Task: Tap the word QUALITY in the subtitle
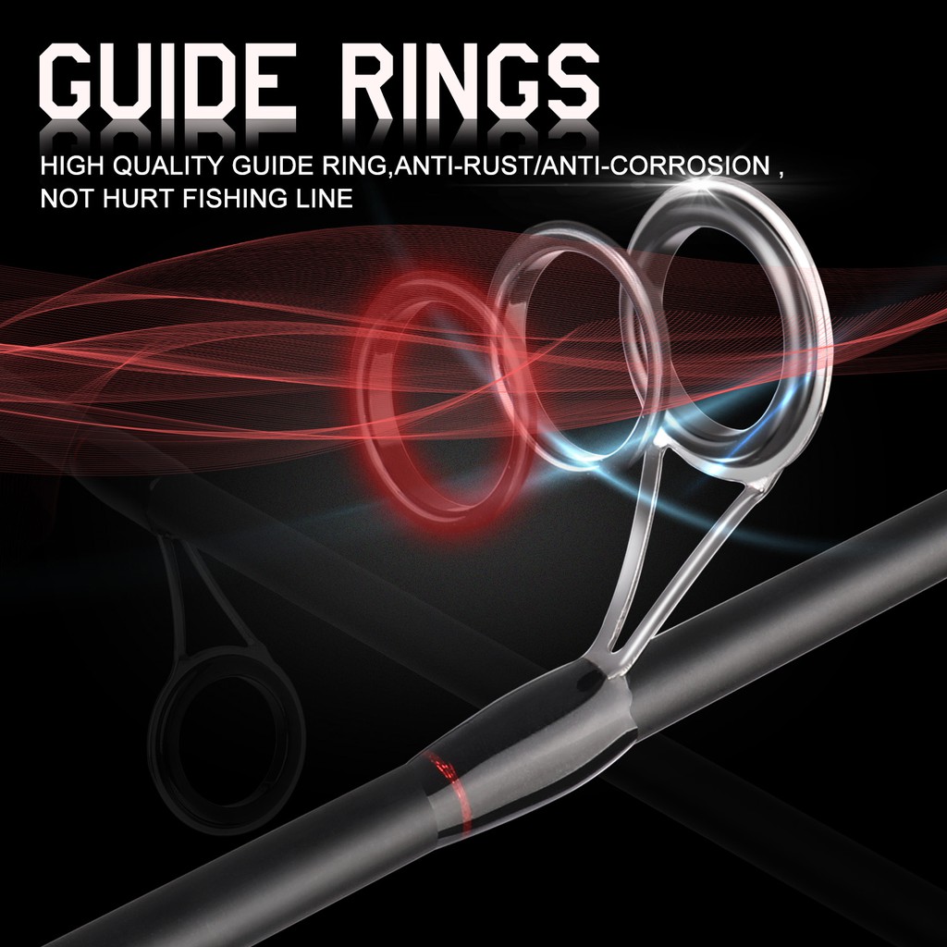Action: point(168,166)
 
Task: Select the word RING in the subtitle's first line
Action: point(356,166)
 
